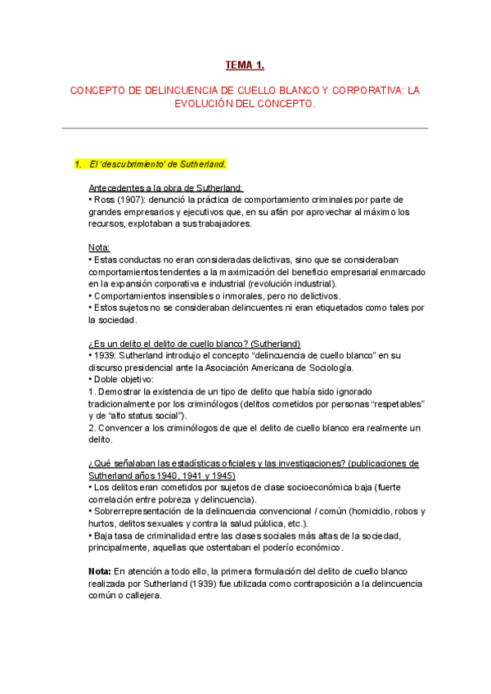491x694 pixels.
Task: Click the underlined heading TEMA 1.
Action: (x=245, y=65)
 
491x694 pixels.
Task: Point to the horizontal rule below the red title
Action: (x=245, y=128)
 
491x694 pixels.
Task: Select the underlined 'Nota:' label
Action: (x=99, y=247)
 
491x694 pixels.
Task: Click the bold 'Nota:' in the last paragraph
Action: (x=101, y=570)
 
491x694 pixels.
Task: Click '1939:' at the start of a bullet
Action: (x=106, y=355)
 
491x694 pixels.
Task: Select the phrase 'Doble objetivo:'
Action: (x=126, y=380)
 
